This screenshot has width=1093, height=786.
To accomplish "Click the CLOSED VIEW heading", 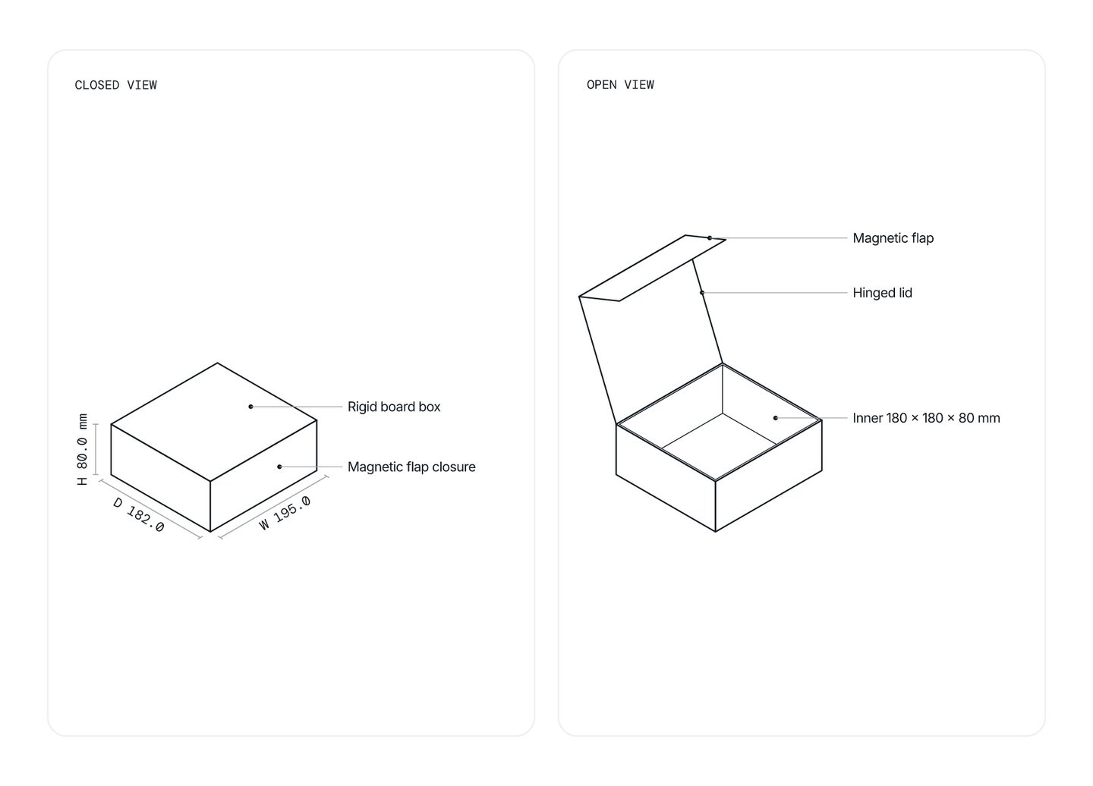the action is click(x=115, y=85).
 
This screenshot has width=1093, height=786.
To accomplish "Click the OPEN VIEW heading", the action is click(x=620, y=85).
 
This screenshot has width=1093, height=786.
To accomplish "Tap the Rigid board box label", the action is click(x=394, y=407).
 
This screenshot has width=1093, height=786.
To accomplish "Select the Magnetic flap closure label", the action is click(x=411, y=467).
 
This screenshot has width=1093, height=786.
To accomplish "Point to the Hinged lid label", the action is click(x=882, y=293).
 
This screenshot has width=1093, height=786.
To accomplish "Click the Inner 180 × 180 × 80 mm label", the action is click(x=926, y=418).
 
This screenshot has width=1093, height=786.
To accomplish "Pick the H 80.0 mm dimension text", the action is click(x=83, y=449).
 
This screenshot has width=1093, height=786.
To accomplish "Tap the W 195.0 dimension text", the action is click(x=285, y=512).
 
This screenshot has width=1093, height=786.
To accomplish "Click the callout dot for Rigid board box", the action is click(x=250, y=407).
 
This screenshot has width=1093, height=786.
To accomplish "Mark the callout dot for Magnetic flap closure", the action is click(x=279, y=467).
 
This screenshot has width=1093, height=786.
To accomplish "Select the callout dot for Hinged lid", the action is click(x=702, y=293).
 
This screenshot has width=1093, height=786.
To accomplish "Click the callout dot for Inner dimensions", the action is click(x=776, y=418).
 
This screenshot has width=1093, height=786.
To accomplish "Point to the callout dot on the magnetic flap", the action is click(x=710, y=238).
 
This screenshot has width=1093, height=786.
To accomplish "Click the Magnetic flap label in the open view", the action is click(x=893, y=238).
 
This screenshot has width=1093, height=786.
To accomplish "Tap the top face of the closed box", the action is click(x=214, y=423).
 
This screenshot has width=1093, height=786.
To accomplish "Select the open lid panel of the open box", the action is click(x=650, y=341).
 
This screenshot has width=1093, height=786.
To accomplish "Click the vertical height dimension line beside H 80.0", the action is click(x=96, y=449).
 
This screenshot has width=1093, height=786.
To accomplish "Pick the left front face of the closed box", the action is click(x=161, y=478).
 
